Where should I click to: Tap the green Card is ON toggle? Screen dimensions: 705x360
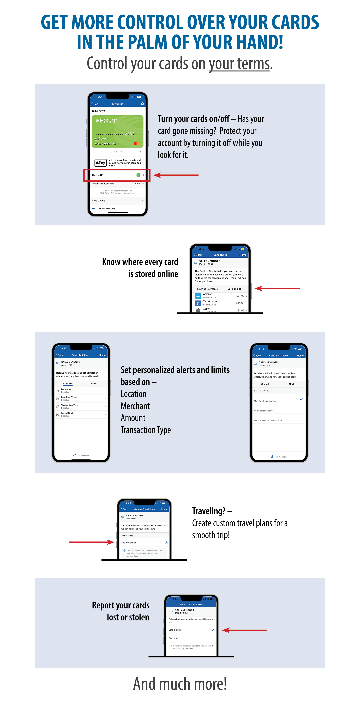point(140,175)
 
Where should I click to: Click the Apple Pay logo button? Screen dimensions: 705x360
point(100,163)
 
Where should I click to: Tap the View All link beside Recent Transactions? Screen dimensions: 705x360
point(139,184)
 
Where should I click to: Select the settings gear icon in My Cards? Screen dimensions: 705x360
point(142,104)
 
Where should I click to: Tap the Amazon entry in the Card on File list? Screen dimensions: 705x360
point(220,296)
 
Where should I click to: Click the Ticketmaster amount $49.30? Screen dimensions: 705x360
point(240,303)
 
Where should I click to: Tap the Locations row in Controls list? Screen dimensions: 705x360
point(81,391)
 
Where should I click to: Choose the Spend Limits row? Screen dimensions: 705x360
point(81,414)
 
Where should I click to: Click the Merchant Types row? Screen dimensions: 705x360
point(81,398)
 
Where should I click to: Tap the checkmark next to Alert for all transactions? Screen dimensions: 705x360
point(302,399)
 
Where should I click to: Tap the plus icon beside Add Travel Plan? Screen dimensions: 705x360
point(166,542)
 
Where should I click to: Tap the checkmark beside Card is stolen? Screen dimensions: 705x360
point(213,630)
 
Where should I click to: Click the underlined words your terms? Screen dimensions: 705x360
point(239,64)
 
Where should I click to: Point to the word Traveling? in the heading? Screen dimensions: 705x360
point(209,511)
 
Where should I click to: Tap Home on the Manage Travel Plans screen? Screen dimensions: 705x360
point(164,509)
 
